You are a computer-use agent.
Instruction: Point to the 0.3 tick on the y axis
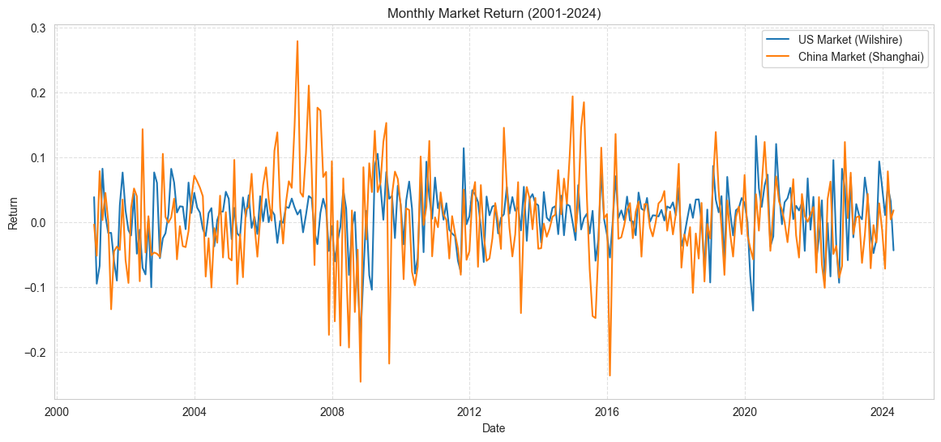pos(38,28)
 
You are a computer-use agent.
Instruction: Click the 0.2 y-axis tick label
pos(38,93)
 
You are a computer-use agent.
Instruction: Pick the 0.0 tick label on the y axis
pos(38,223)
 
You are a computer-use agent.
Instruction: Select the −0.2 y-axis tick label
pos(35,353)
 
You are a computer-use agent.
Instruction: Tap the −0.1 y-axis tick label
pos(35,288)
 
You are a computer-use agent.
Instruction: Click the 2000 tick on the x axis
pos(57,411)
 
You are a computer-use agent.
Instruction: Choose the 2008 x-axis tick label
pos(331,411)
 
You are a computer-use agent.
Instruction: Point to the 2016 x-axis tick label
pos(607,411)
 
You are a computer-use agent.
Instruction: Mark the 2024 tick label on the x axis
pos(882,411)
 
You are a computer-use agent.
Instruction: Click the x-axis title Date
pos(494,427)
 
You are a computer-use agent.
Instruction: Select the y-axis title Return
pos(13,212)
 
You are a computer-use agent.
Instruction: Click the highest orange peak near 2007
pos(297,41)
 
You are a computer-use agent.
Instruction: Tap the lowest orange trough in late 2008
pos(360,381)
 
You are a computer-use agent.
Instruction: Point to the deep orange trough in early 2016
pos(610,375)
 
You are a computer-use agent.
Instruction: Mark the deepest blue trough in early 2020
pos(753,311)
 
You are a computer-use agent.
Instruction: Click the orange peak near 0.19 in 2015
pos(572,97)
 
